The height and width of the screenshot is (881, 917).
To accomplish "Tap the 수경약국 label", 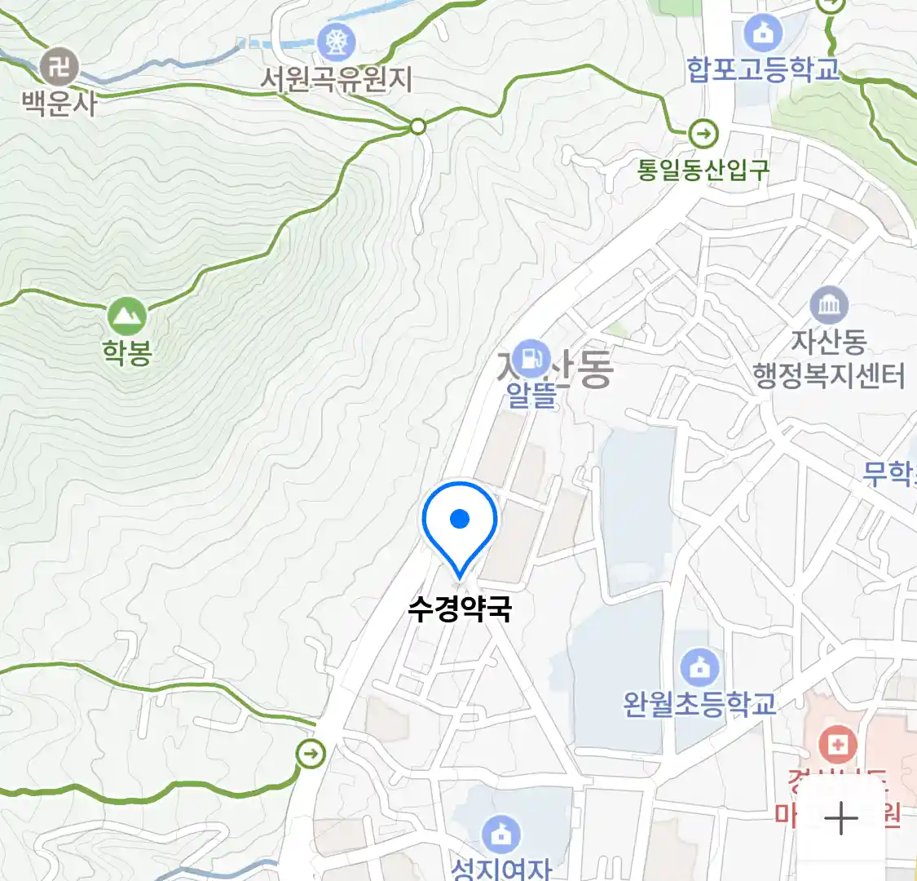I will click(x=460, y=609).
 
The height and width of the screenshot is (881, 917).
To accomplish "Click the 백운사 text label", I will click(x=59, y=104).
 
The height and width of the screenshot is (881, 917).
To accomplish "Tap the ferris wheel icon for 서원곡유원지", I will click(x=336, y=40).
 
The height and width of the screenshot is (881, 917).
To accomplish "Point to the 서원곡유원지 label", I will click(x=336, y=79).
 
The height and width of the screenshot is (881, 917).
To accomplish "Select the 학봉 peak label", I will click(x=127, y=352).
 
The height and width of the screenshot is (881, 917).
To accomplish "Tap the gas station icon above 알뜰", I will click(x=531, y=356).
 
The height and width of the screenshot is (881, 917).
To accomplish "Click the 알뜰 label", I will click(x=531, y=395).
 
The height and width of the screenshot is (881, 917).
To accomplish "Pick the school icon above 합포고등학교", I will click(x=763, y=33).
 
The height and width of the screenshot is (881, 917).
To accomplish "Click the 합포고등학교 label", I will click(x=763, y=69).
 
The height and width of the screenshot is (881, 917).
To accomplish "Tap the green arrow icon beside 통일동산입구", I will click(x=703, y=132).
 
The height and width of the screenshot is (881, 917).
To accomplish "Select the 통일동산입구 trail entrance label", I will click(x=703, y=170).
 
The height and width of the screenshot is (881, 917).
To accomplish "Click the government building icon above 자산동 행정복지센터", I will click(x=829, y=306).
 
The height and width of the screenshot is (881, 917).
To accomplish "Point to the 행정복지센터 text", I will click(x=829, y=376).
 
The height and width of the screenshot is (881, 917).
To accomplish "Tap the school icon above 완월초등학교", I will click(x=699, y=667).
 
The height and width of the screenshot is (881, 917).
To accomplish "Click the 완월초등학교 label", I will click(x=699, y=704).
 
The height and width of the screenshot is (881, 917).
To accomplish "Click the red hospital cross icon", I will click(x=836, y=744).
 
